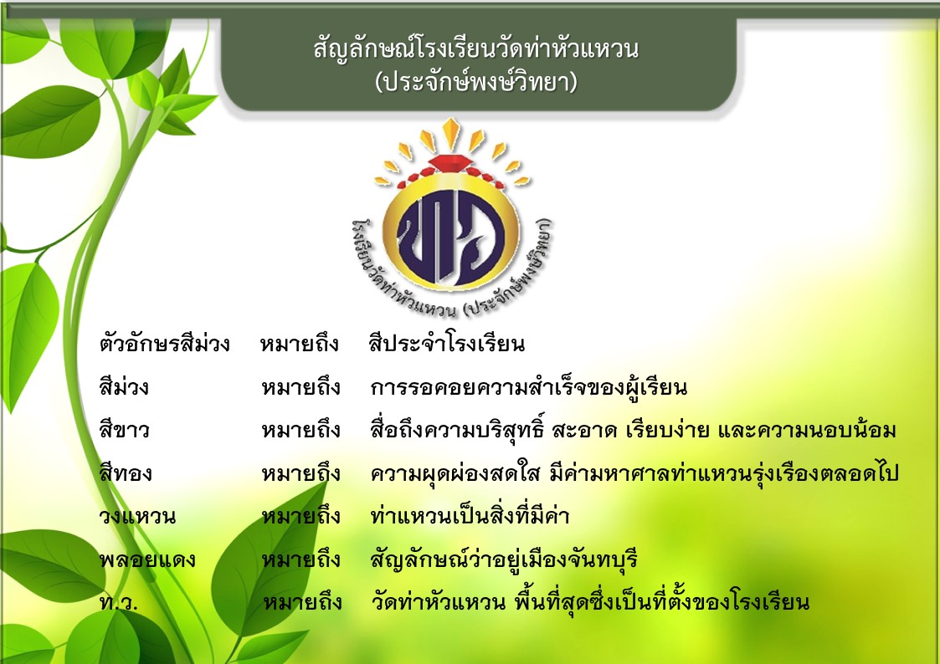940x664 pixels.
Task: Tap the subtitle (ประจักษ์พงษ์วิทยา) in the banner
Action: point(476,82)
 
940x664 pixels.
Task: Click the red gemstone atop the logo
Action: point(451,162)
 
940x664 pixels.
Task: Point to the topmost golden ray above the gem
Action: point(451,132)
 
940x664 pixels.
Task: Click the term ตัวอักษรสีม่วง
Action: point(164,344)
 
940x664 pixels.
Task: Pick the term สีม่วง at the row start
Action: point(124,387)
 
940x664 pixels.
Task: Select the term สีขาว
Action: point(124,430)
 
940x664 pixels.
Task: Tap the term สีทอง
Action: point(126,473)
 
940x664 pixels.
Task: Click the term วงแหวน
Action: point(137,515)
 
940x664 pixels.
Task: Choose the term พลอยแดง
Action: point(147,559)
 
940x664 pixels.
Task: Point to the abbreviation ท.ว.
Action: point(119,602)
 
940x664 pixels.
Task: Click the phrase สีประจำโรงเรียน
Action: point(447,344)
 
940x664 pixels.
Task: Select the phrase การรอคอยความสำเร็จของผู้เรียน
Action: point(529,387)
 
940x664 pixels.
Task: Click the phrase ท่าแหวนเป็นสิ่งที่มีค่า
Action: point(470,515)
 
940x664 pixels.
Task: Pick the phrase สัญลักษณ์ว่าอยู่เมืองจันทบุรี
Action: point(504,559)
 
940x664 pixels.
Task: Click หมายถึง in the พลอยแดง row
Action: point(301,559)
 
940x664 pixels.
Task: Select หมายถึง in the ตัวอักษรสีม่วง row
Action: point(300,345)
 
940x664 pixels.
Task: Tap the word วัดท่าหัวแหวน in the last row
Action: point(439,602)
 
